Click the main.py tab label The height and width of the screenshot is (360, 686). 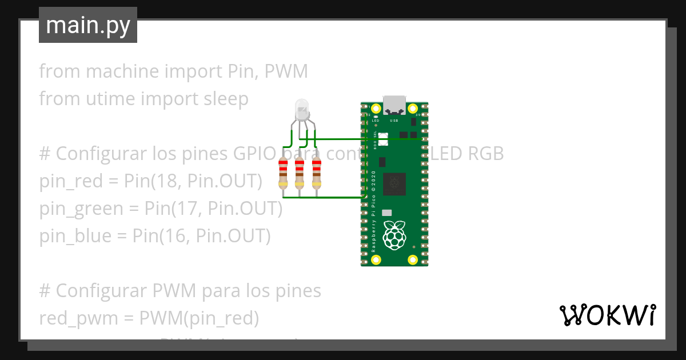88,26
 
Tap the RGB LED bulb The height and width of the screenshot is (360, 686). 301,109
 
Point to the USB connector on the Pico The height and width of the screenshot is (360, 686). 394,105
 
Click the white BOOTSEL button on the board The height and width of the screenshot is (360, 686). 382,138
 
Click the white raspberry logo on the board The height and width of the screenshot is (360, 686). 394,235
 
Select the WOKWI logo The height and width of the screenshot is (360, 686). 607,315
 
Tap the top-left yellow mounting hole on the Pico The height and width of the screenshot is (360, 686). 376,109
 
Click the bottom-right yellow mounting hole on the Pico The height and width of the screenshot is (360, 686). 413,260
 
